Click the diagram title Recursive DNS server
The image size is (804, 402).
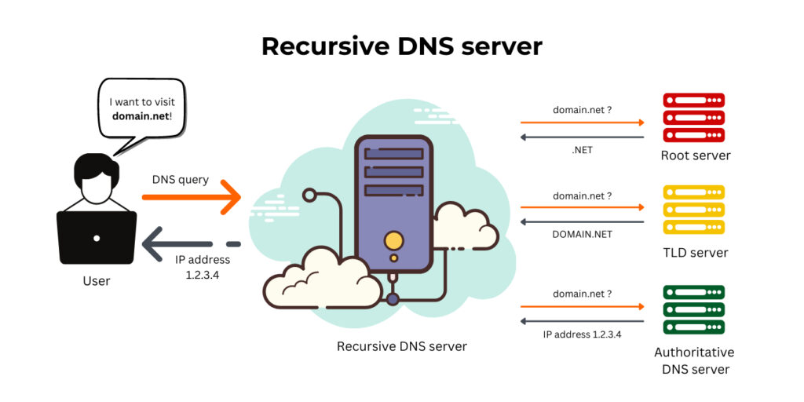[401, 46]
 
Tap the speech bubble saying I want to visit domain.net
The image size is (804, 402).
[141, 110]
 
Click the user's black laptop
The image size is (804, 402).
[97, 237]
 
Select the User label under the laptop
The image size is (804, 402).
[97, 280]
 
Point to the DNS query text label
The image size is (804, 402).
[181, 179]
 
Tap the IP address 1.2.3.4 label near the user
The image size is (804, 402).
[202, 267]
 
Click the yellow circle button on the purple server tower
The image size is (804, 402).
[393, 239]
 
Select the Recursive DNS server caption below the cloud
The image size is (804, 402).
[401, 345]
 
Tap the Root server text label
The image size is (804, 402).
[696, 155]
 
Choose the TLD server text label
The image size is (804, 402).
[696, 253]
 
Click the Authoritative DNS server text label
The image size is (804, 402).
[695, 360]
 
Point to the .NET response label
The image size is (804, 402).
[582, 150]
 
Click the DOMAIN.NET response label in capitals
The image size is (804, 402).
[582, 234]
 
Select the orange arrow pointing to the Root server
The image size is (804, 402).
[582, 122]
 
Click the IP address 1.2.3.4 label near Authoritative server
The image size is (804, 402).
[582, 334]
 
